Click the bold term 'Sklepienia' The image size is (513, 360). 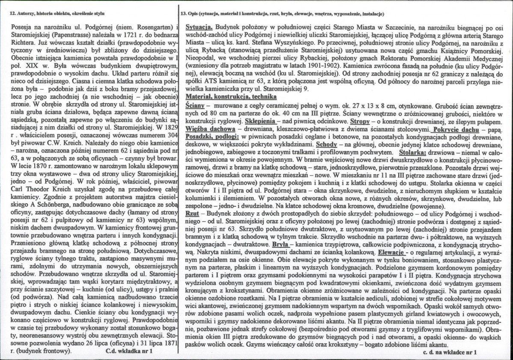click(x=256, y=121)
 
